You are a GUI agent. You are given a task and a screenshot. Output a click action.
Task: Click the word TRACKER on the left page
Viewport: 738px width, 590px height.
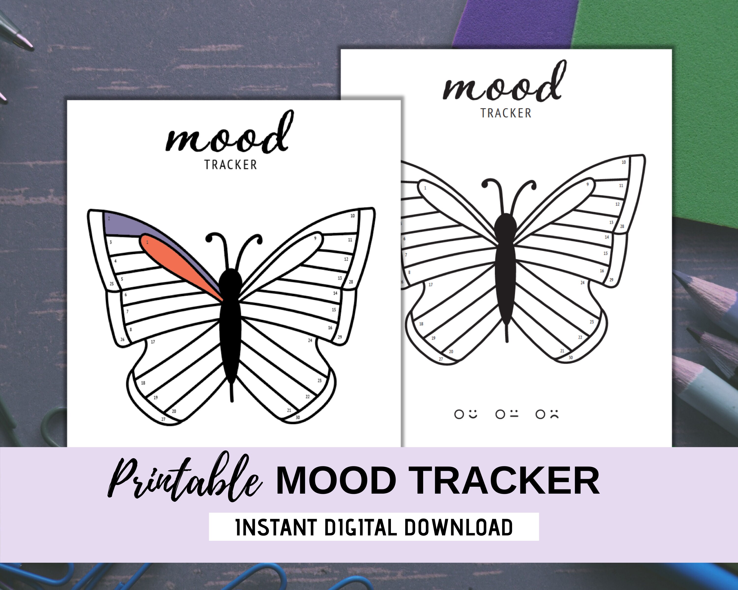[231, 165]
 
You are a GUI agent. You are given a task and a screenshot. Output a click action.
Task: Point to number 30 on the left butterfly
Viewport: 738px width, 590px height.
[298, 417]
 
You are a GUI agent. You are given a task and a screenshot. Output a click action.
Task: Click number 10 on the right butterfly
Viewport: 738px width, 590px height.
[624, 162]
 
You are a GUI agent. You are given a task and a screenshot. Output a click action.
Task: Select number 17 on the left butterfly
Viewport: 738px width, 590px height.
[153, 342]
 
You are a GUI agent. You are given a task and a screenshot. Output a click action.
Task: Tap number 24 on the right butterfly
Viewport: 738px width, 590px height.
[582, 282]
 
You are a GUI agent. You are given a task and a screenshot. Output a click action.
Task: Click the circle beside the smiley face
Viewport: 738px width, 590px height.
[459, 414]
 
